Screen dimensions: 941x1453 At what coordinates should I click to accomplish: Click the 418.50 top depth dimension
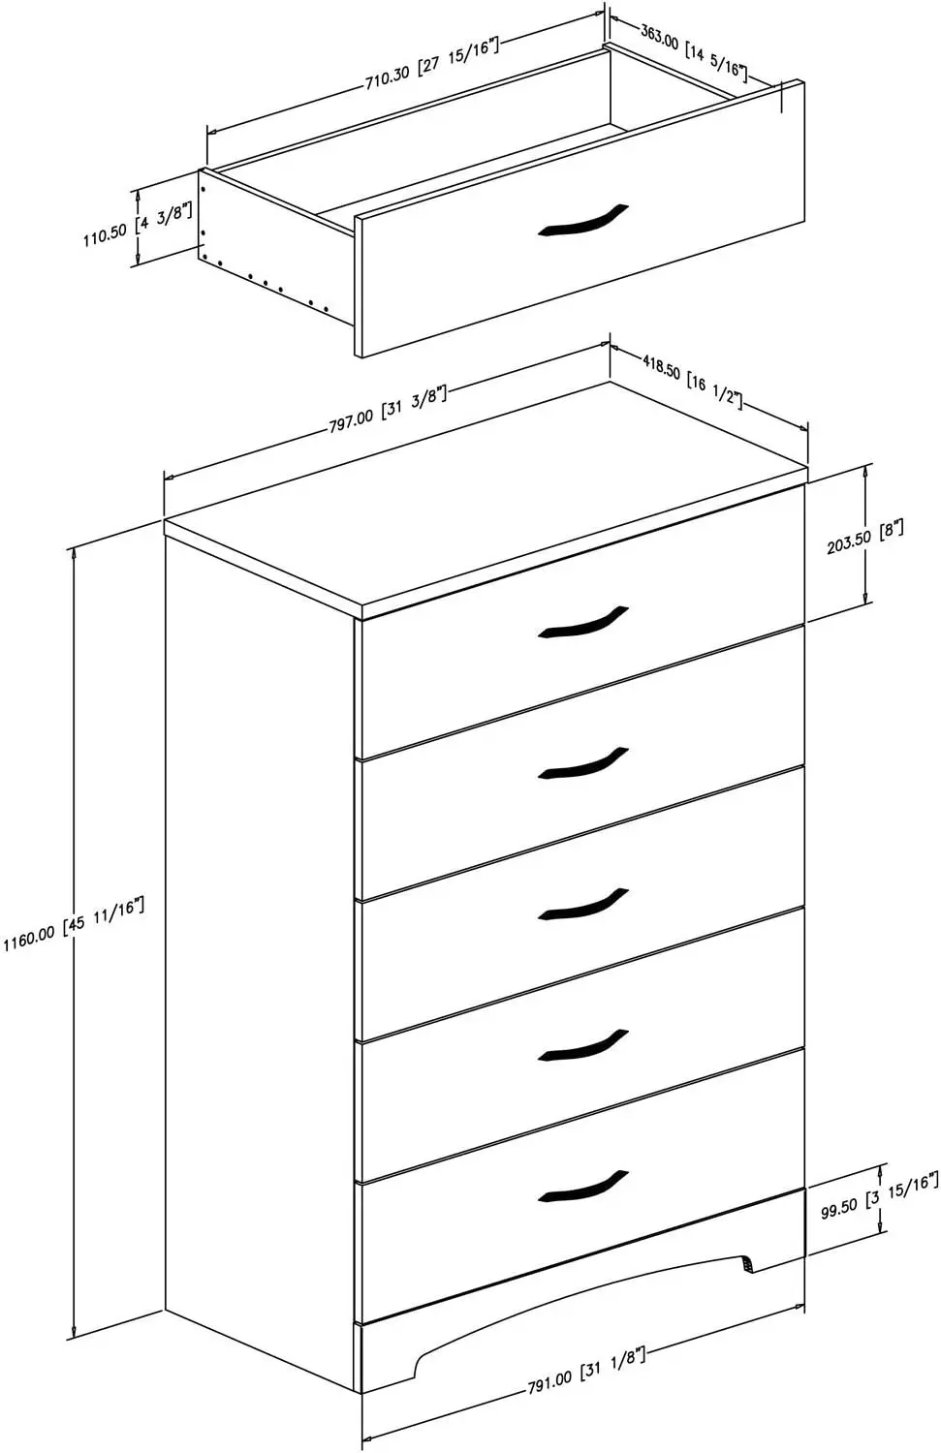(x=692, y=385)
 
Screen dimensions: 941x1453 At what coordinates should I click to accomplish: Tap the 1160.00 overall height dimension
(x=74, y=925)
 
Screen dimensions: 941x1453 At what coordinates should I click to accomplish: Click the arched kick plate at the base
(x=581, y=1298)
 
